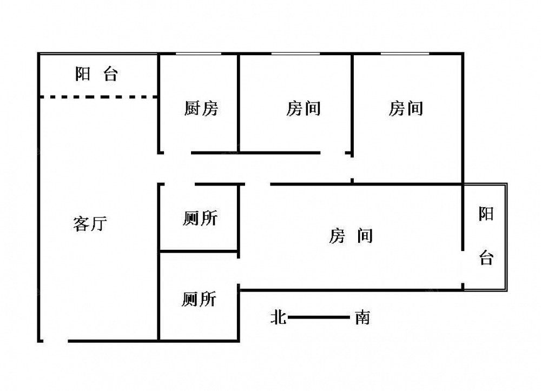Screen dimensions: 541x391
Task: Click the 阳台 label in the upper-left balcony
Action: click(x=97, y=74)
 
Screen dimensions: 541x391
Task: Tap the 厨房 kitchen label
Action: click(x=201, y=108)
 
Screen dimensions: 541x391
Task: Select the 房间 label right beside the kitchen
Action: click(x=304, y=108)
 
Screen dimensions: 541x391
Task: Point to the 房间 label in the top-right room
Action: click(x=406, y=108)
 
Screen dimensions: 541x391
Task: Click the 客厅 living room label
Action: click(x=90, y=223)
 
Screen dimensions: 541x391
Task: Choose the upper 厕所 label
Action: click(x=200, y=218)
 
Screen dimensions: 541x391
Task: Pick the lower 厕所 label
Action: click(x=199, y=299)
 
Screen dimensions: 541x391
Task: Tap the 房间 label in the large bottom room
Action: click(x=351, y=236)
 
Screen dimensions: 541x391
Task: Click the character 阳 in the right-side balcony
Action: click(x=486, y=214)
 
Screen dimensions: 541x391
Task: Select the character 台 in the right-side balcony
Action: click(x=486, y=257)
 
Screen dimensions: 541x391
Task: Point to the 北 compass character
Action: click(x=279, y=317)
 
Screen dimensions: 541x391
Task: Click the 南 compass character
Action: click(x=362, y=317)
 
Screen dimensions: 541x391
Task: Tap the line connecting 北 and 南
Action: click(x=319, y=317)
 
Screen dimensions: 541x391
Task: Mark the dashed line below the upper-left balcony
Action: click(x=98, y=97)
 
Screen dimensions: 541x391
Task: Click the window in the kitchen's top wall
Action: click(x=199, y=54)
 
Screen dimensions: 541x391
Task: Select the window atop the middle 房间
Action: click(x=296, y=54)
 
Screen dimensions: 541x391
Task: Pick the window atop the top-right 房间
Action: click(x=405, y=54)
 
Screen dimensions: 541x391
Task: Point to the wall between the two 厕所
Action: click(x=199, y=251)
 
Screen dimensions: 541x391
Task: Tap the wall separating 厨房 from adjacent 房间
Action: click(x=239, y=103)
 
